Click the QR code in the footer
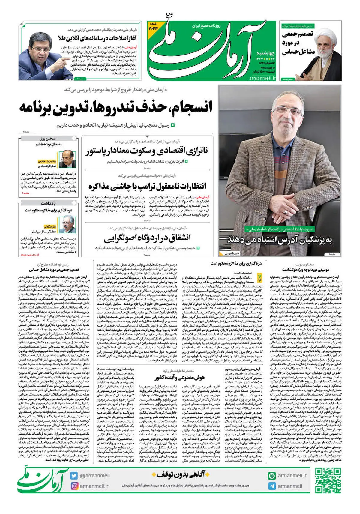tap(328, 480)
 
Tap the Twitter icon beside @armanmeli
tap(74, 476)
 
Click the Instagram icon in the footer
tap(74, 486)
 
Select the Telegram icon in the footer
tap(272, 486)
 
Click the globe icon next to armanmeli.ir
tap(272, 476)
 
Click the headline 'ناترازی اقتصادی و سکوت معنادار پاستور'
tap(147, 151)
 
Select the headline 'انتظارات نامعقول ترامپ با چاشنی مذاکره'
tap(147, 186)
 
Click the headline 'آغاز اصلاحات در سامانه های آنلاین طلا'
tap(98, 38)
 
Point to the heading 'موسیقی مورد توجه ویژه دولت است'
tap(306, 270)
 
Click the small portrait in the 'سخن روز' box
tap(67, 159)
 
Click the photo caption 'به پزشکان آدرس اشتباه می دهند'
tap(280, 240)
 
